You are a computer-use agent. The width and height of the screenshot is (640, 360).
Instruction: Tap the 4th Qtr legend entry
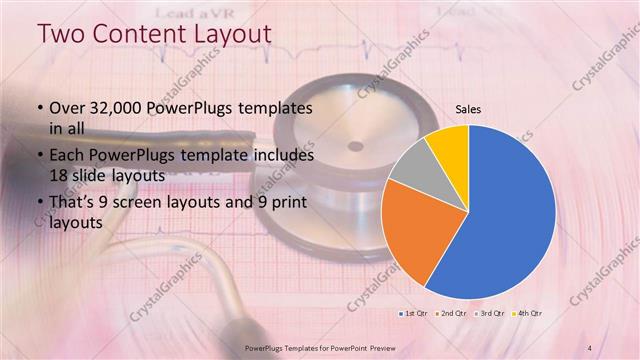coord(527,314)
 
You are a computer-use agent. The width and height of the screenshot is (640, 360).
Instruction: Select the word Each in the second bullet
coord(68,157)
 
